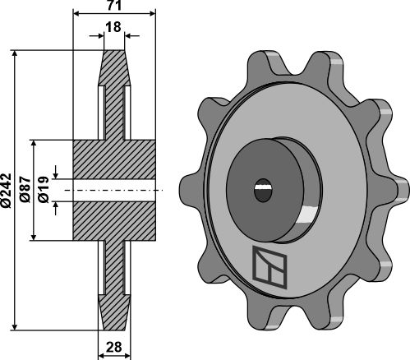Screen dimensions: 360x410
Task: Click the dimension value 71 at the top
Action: point(114,7)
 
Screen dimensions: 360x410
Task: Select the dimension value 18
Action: point(114,28)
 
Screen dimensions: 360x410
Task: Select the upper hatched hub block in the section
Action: point(115,158)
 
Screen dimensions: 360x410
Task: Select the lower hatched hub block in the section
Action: point(115,221)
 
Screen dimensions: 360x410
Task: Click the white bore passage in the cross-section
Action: point(115,190)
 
